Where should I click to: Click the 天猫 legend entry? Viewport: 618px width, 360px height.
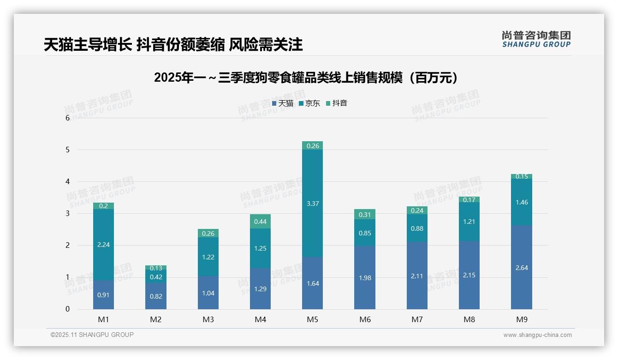[x=283, y=103]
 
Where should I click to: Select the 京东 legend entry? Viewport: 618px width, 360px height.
[x=309, y=103]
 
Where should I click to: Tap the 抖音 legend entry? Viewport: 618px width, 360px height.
[x=337, y=103]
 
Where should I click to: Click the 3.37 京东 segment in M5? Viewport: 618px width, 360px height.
[x=313, y=204]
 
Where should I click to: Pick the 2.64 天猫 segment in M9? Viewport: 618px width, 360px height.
[x=522, y=267]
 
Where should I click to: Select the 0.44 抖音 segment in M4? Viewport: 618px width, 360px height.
[x=261, y=222]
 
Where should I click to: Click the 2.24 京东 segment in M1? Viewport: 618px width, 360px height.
[x=103, y=245]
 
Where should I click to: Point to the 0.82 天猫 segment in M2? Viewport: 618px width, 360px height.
[x=156, y=296]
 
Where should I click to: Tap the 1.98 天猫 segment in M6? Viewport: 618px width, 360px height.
[x=365, y=278]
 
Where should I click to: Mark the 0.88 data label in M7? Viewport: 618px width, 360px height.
[x=417, y=228]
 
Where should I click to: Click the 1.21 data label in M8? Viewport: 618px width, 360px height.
[x=469, y=222]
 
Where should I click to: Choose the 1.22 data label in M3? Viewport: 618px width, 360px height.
[x=208, y=257]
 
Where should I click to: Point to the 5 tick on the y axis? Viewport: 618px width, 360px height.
[x=67, y=150]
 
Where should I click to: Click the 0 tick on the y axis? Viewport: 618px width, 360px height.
[x=67, y=309]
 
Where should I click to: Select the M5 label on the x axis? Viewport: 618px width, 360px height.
[x=313, y=319]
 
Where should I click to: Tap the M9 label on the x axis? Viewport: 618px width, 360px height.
[x=522, y=319]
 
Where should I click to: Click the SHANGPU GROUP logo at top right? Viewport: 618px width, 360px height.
[x=536, y=39]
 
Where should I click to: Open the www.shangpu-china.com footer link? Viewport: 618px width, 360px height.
[x=537, y=335]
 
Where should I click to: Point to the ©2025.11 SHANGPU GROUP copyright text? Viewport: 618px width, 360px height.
[x=92, y=335]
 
